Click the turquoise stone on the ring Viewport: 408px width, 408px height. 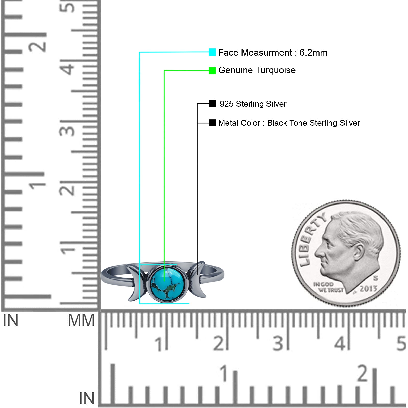point(167,284)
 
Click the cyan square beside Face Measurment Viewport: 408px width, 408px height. point(212,52)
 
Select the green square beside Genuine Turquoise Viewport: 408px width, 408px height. point(212,71)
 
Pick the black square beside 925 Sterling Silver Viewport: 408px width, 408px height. point(212,103)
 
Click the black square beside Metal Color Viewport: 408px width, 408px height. point(212,123)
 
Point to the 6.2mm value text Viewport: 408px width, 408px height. point(313,53)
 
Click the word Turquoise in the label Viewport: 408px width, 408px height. point(275,70)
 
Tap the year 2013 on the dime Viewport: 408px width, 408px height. point(368,289)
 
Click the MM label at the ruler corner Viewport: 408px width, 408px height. point(81,320)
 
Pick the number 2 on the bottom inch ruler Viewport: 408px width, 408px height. point(363,373)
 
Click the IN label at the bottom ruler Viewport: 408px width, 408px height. point(87,398)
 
